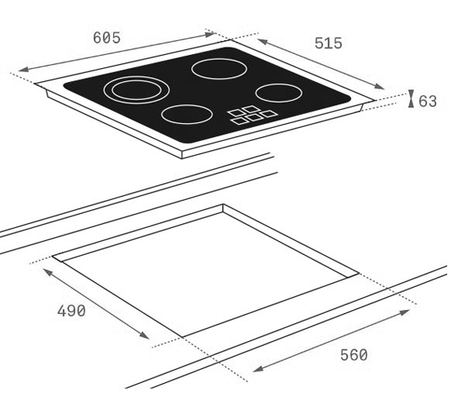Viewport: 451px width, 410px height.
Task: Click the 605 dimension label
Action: pyautogui.click(x=107, y=38)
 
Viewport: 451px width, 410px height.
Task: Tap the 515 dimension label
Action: pyautogui.click(x=328, y=43)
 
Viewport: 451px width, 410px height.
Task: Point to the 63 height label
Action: pyautogui.click(x=427, y=101)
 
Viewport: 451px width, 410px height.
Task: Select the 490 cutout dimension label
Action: pyautogui.click(x=71, y=311)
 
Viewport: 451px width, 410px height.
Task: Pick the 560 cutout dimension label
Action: pyautogui.click(x=353, y=355)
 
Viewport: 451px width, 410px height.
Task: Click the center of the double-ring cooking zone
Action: pyautogui.click(x=136, y=89)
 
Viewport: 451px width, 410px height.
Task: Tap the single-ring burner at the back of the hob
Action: pyautogui.click(x=219, y=69)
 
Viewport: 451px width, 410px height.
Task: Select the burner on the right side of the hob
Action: pyautogui.click(x=279, y=93)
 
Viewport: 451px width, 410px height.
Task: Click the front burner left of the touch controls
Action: pyautogui.click(x=187, y=114)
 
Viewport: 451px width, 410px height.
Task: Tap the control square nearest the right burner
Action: pyautogui.click(x=269, y=114)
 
